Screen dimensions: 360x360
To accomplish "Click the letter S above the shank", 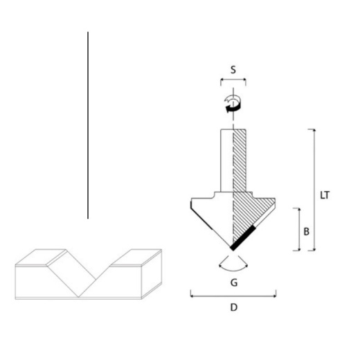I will pyautogui.click(x=233, y=69).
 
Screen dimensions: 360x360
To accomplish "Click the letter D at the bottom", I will pyautogui.click(x=233, y=307).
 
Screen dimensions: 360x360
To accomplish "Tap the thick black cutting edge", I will pyautogui.click(x=244, y=238).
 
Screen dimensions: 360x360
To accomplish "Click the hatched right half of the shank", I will pyautogui.click(x=240, y=159).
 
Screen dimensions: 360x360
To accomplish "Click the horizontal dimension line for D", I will pyautogui.click(x=233, y=296).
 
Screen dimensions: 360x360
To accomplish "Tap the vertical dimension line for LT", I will pyautogui.click(x=315, y=190).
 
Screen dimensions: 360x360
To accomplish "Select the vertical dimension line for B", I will pyautogui.click(x=299, y=228).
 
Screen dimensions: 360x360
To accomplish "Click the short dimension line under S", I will pyautogui.click(x=233, y=81).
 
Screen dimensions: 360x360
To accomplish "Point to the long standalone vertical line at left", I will pyautogui.click(x=88, y=125).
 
